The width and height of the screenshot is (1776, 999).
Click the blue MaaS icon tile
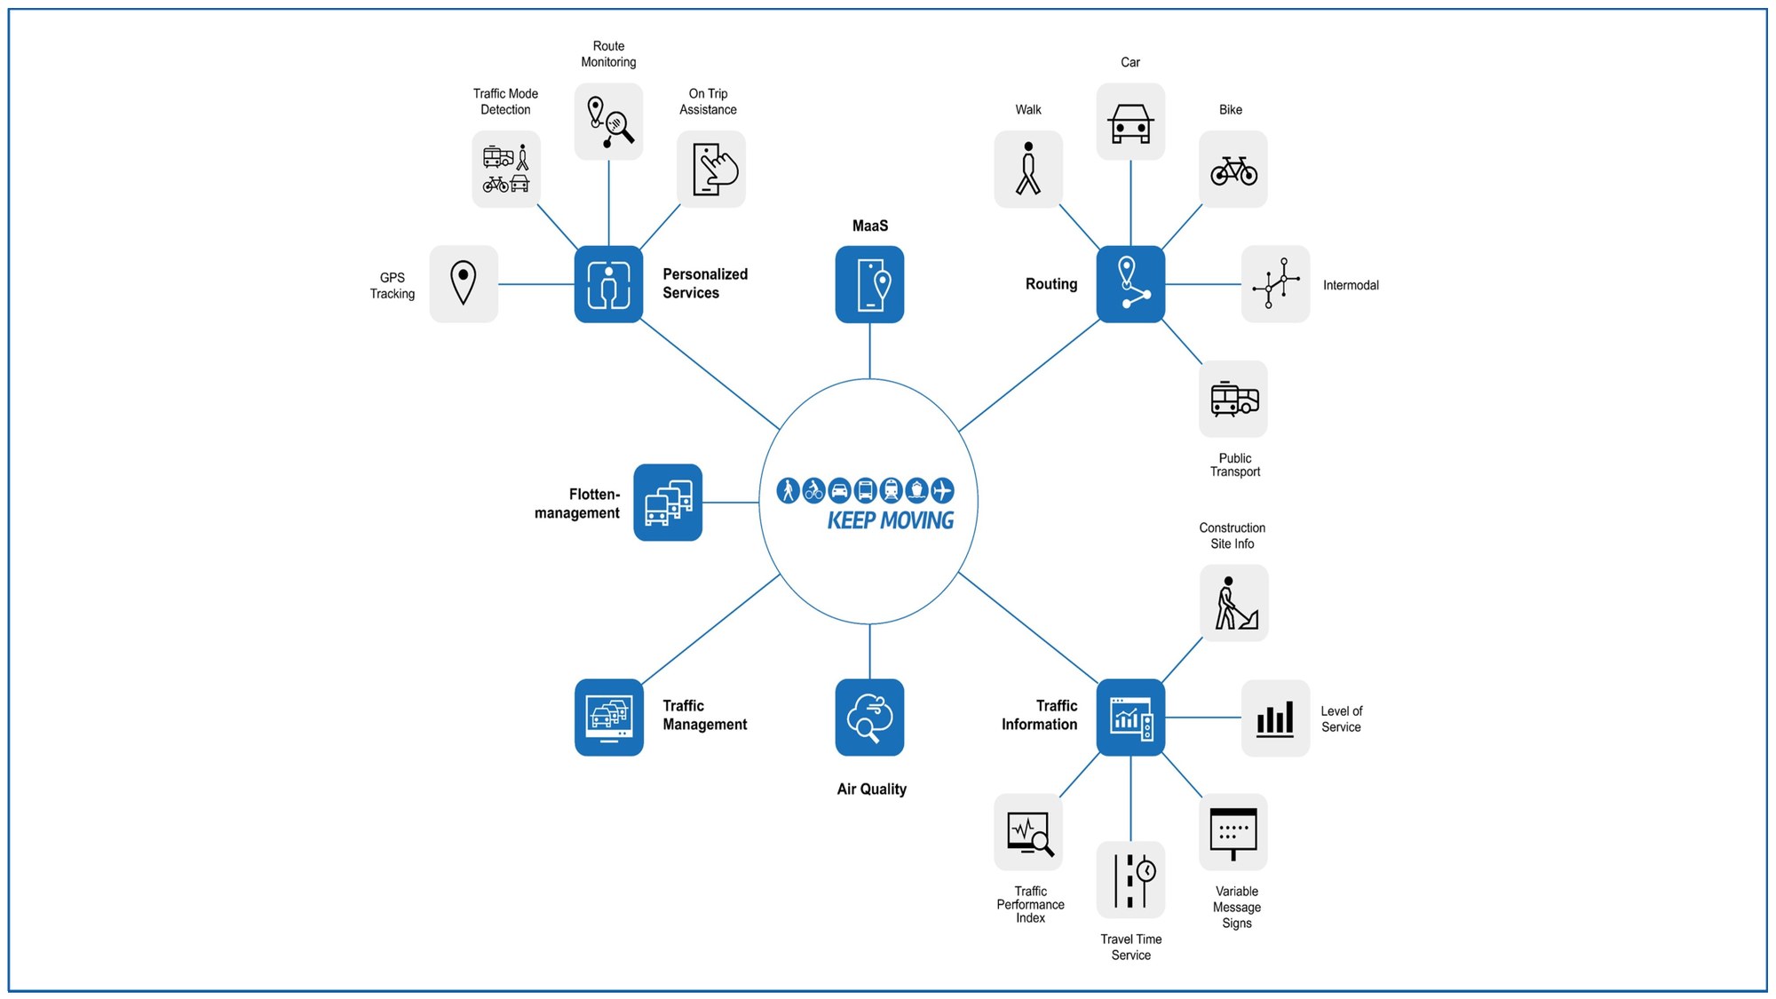pyautogui.click(x=869, y=284)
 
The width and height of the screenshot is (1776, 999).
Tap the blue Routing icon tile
pyautogui.click(x=1130, y=284)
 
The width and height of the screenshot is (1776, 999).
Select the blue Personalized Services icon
pyautogui.click(x=608, y=284)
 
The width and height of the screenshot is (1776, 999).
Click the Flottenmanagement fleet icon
pyautogui.click(x=668, y=503)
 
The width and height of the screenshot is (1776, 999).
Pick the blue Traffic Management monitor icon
pyautogui.click(x=608, y=718)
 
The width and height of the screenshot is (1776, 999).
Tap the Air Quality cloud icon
pyautogui.click(x=869, y=718)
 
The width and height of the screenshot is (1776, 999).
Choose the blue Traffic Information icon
pyautogui.click(x=1130, y=718)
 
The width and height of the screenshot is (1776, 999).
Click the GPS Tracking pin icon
pyautogui.click(x=464, y=284)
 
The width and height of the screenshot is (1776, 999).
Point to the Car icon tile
pyautogui.click(x=1130, y=122)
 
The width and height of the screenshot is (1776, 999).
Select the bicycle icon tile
pyautogui.click(x=1233, y=170)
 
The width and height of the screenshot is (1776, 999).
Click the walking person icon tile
pyautogui.click(x=1028, y=170)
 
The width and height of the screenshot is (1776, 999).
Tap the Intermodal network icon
pyautogui.click(x=1275, y=284)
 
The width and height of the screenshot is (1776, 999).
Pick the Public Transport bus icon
pyautogui.click(x=1233, y=399)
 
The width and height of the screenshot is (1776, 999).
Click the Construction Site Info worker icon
pyautogui.click(x=1234, y=603)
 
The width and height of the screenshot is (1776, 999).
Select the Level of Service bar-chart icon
pyautogui.click(x=1275, y=718)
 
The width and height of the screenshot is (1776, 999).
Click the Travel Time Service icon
pyautogui.click(x=1130, y=879)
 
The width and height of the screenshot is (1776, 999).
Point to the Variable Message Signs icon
pyautogui.click(x=1233, y=832)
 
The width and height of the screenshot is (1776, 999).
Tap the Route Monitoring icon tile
pyautogui.click(x=608, y=122)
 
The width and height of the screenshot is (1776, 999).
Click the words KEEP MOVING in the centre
pyautogui.click(x=890, y=520)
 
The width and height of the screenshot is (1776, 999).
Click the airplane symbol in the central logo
pyautogui.click(x=942, y=490)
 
